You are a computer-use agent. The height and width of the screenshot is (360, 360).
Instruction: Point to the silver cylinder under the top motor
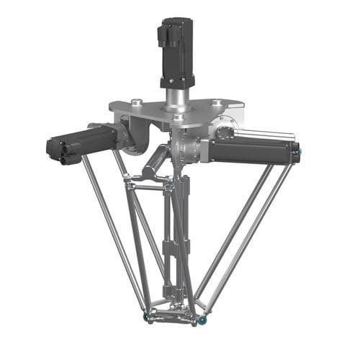click(175, 96)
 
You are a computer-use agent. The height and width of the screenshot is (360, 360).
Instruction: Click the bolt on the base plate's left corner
click(135, 102)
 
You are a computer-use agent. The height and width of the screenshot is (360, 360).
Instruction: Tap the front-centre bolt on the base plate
click(178, 117)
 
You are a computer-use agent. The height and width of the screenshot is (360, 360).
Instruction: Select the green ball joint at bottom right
click(203, 318)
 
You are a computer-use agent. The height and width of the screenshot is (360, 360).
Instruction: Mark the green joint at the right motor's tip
click(297, 152)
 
